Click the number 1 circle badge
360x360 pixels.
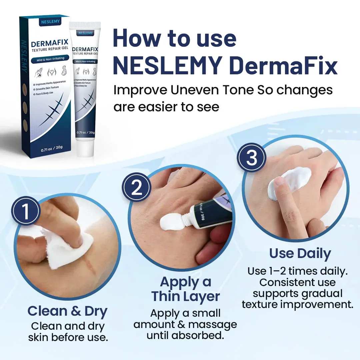[26, 211]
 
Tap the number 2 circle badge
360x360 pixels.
[137, 188]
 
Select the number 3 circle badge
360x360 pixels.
[252, 158]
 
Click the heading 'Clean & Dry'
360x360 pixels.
[67, 311]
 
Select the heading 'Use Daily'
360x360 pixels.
[300, 253]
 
